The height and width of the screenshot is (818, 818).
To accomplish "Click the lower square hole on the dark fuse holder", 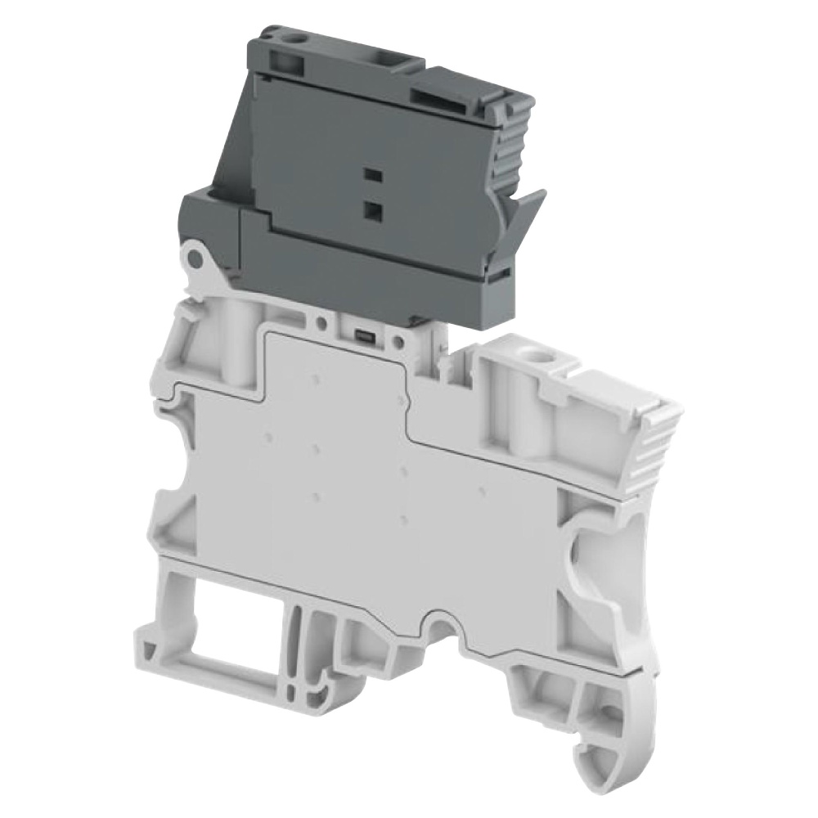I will click(x=372, y=210).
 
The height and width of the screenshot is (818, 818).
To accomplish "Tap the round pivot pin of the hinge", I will click(x=195, y=259).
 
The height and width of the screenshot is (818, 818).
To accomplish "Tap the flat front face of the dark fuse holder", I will click(x=327, y=155).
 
